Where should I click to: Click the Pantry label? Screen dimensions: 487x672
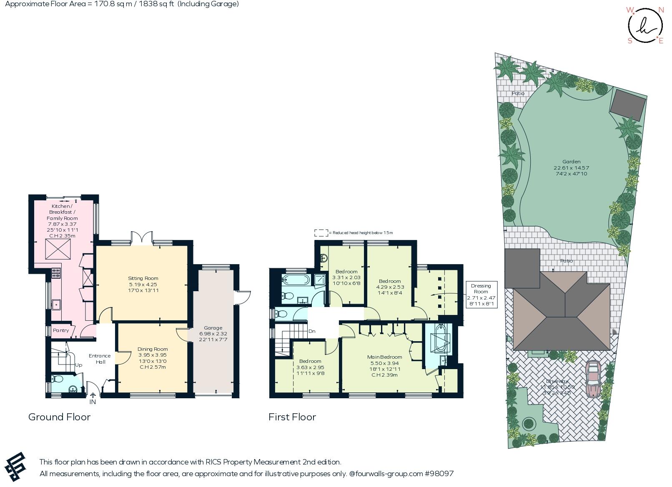(61, 330)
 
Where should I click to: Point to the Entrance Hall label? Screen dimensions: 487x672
(100, 359)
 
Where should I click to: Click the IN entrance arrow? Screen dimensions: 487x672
(93, 396)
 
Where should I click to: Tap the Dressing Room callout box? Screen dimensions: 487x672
(481, 295)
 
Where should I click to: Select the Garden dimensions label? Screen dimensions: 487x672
(571, 170)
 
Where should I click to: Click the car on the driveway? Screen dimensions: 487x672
(592, 379)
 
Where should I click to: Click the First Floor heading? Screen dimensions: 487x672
(292, 417)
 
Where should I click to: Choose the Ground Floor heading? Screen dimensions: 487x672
(59, 417)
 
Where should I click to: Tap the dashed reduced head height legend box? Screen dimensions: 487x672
(321, 233)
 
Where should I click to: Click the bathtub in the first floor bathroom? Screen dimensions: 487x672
(296, 280)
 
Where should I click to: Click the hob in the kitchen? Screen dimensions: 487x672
(56, 273)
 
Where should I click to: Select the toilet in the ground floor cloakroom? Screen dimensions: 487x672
(57, 379)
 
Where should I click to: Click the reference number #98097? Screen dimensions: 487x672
(439, 474)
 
